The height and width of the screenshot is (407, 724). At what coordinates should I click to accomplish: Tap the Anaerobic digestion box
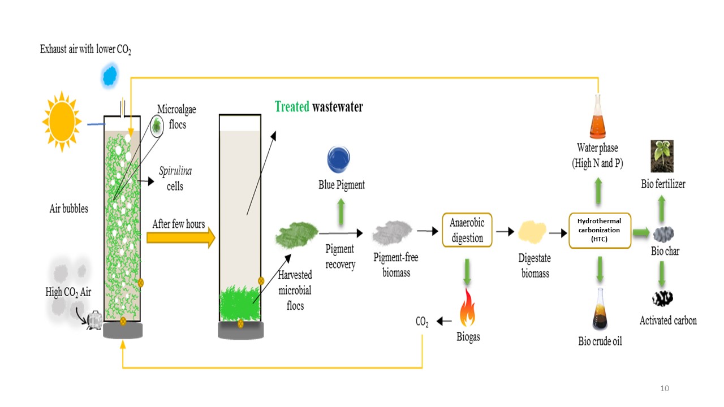467,230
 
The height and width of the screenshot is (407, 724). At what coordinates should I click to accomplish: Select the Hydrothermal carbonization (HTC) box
599,230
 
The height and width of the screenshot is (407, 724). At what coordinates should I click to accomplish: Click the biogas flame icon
468,308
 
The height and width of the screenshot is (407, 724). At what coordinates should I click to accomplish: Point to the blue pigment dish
339,160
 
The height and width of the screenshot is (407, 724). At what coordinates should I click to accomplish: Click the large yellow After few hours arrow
180,238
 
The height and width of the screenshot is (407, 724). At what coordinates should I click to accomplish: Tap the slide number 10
664,388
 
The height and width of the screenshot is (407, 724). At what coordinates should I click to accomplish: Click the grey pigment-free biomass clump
391,232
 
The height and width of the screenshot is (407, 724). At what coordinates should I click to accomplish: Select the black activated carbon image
662,298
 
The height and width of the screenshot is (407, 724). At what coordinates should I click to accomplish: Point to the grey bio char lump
664,233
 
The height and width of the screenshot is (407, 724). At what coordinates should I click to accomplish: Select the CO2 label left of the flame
422,322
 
